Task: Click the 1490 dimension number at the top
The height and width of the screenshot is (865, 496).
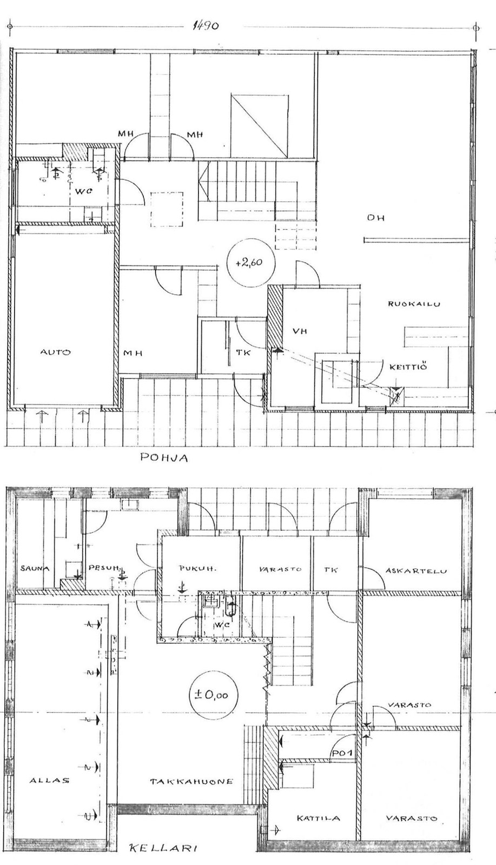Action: (x=205, y=26)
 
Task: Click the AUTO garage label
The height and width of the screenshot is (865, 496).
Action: (x=56, y=352)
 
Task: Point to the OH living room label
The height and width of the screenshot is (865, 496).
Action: (x=375, y=218)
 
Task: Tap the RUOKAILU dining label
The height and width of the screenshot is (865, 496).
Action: (x=414, y=304)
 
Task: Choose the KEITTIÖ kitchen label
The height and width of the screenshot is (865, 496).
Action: (x=408, y=367)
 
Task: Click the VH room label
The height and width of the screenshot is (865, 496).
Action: (x=300, y=331)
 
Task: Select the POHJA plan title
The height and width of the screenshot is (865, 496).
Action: (x=164, y=458)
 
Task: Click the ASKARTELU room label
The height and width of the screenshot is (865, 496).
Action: (x=416, y=571)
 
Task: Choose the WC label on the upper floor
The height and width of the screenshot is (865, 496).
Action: (x=84, y=191)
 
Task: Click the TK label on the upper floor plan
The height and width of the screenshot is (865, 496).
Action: (x=243, y=352)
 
